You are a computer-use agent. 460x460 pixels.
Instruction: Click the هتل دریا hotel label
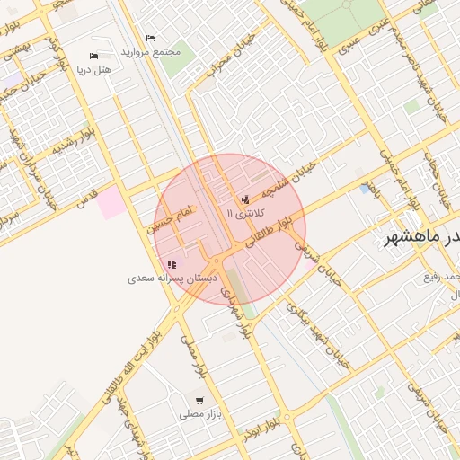pos(93,69)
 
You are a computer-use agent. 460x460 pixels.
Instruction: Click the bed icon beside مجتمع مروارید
pos(150,39)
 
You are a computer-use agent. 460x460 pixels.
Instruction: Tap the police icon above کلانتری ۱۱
pos(245,199)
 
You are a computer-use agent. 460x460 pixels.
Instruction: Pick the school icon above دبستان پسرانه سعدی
pos(172,265)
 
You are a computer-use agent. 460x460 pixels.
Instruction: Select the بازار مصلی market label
pos(199,414)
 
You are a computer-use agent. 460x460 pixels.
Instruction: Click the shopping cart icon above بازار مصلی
pos(199,401)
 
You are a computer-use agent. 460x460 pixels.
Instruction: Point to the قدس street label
pos(86,203)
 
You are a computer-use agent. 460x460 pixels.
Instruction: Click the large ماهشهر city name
pos(422,236)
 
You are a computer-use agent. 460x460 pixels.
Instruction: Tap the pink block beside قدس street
pos(112,203)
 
